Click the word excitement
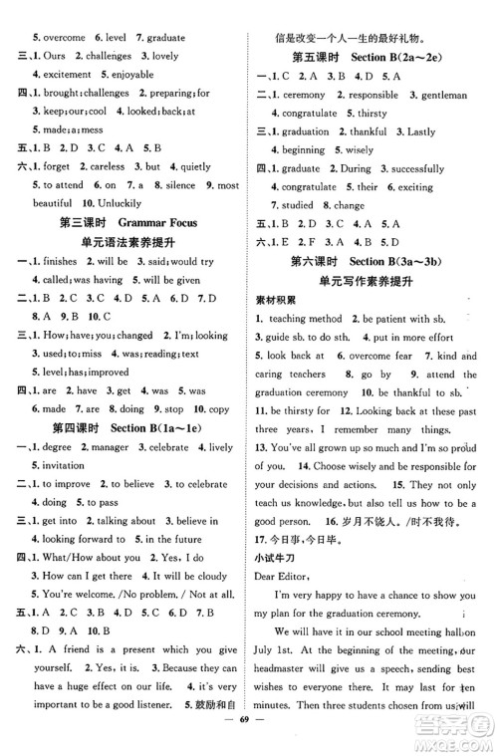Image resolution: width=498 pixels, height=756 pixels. point(63,75)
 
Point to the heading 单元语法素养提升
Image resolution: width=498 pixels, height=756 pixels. point(123,242)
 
